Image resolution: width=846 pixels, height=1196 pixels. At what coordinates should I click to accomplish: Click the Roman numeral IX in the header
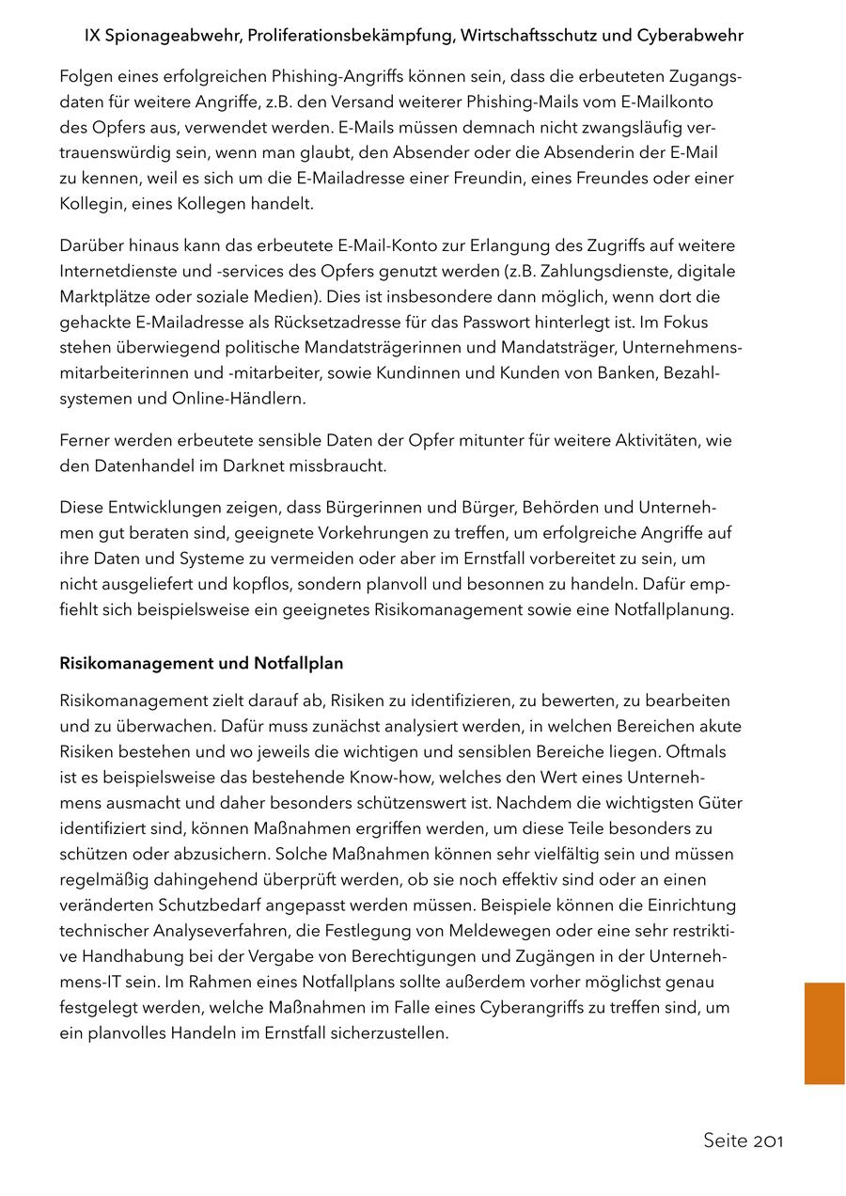pyautogui.click(x=92, y=36)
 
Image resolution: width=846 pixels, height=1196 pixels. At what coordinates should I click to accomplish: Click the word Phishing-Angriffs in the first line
pyautogui.click(x=302, y=76)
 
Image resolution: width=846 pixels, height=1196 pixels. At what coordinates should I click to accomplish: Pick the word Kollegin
pyautogui.click(x=89, y=203)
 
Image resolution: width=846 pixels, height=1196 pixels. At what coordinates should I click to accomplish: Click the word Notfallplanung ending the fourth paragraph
pyautogui.click(x=673, y=609)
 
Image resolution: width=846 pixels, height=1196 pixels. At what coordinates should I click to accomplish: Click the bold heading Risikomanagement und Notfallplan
pyautogui.click(x=201, y=663)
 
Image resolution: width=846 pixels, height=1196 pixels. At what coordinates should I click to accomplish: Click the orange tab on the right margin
pyautogui.click(x=824, y=1033)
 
